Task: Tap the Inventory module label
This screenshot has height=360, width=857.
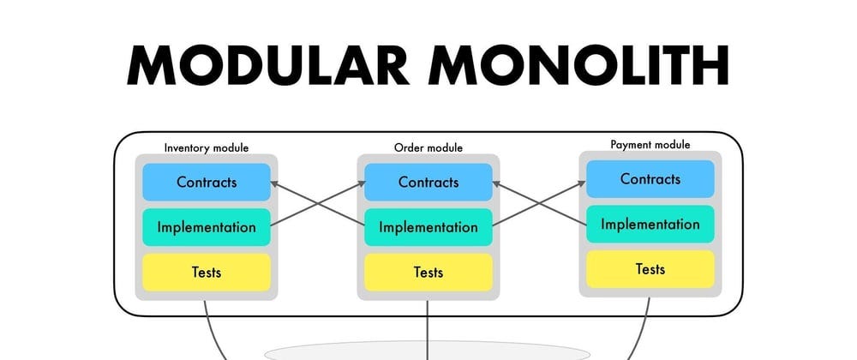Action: [x=207, y=147]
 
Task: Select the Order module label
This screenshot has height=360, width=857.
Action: [x=428, y=147]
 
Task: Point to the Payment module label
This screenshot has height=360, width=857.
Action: [x=650, y=145]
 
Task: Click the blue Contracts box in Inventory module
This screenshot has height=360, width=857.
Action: [x=207, y=182]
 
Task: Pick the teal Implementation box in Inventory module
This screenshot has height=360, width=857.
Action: [x=207, y=227]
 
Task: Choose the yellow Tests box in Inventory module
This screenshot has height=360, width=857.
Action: [x=207, y=273]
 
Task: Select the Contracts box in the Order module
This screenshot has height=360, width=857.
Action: [x=428, y=182]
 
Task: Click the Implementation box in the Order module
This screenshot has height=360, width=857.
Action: [x=428, y=227]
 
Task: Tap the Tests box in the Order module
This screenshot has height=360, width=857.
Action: [x=428, y=273]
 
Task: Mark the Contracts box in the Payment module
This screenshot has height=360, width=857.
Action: [x=650, y=179]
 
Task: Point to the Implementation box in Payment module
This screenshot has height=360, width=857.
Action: [x=650, y=225]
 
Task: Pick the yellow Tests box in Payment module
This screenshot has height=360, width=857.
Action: [x=650, y=269]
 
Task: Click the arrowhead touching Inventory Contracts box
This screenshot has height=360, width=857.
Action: [x=276, y=183]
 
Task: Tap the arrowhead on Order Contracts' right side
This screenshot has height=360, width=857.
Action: [x=498, y=183]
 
